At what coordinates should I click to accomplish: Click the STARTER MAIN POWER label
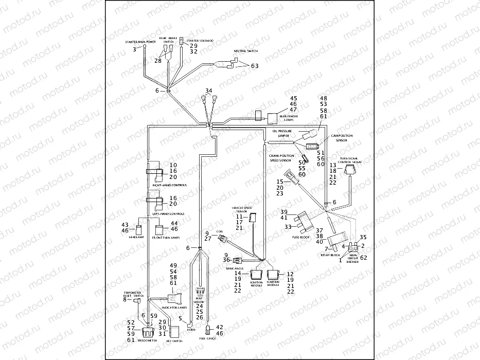[140, 42]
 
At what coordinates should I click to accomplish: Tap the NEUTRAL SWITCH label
[245, 51]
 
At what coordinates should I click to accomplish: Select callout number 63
[255, 66]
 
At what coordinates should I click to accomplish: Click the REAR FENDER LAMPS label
[290, 118]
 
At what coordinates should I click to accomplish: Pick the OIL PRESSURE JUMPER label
[282, 133]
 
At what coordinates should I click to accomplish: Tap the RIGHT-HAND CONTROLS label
[170, 185]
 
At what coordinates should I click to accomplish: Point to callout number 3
[135, 49]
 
